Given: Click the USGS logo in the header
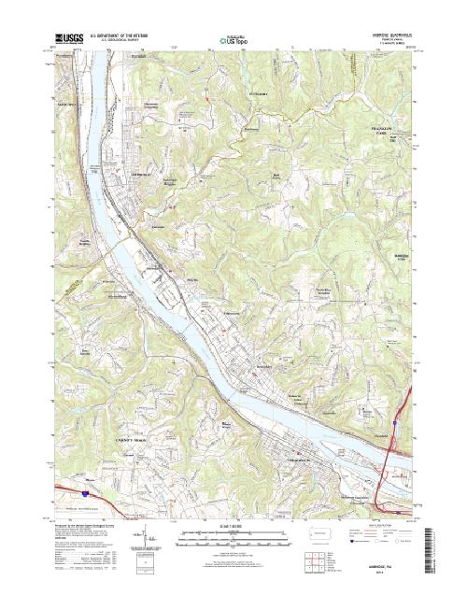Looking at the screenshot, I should (x=71, y=38).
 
